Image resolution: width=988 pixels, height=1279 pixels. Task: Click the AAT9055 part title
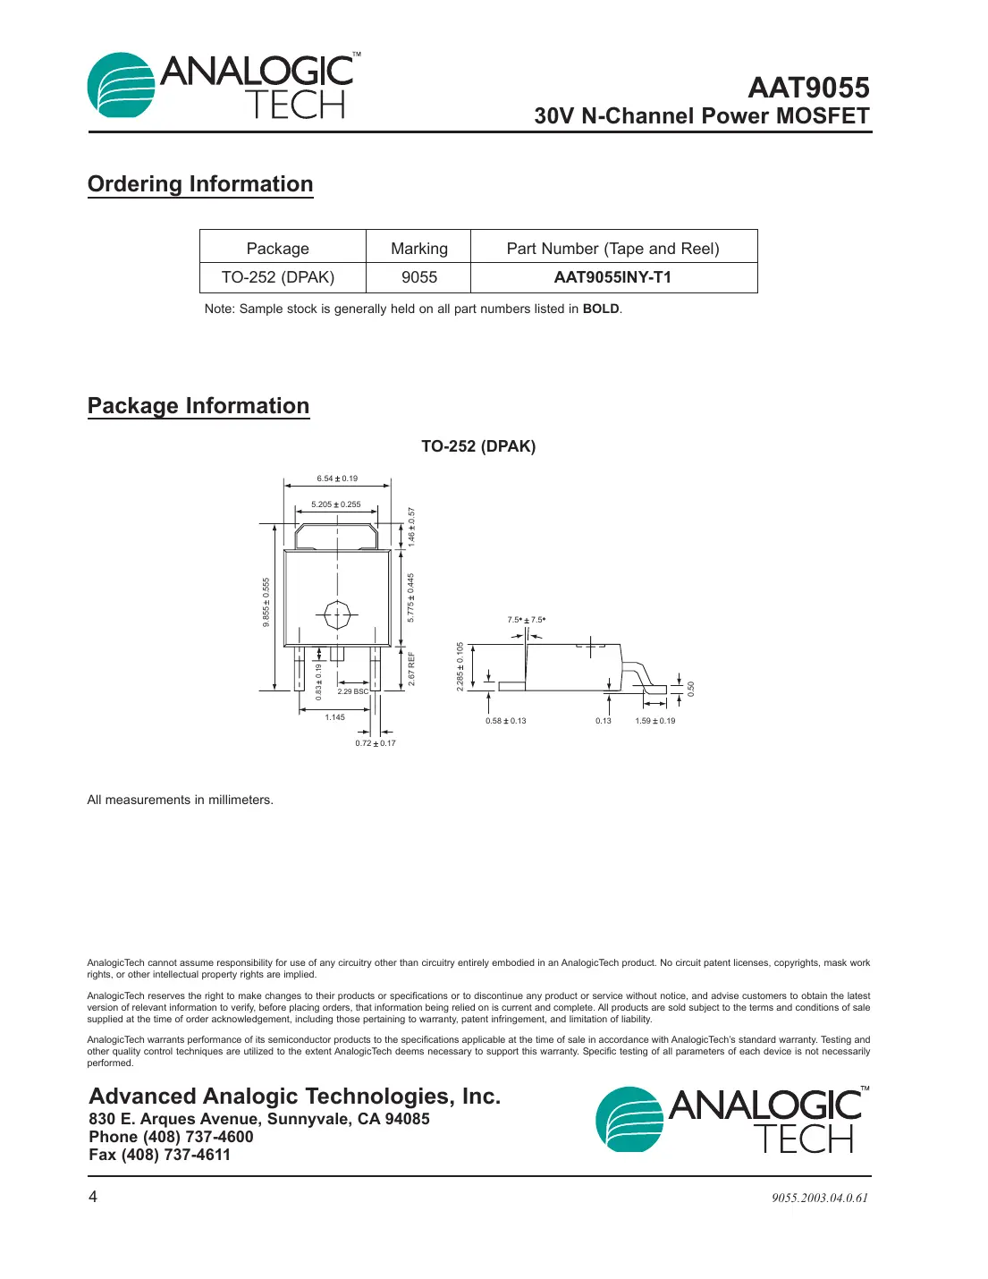pos(808,88)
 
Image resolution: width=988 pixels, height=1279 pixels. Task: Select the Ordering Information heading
pos(200,184)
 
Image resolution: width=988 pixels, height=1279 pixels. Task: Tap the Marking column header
pos(418,249)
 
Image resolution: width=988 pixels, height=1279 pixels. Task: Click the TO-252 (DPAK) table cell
pos(278,277)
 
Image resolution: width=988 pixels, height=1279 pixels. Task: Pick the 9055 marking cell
pos(418,277)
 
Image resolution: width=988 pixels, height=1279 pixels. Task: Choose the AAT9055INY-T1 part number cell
pos(612,277)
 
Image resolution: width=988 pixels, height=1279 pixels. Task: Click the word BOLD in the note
pos(601,309)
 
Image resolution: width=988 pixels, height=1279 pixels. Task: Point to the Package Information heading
pos(198,406)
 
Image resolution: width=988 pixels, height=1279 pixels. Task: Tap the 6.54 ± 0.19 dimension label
pos(337,479)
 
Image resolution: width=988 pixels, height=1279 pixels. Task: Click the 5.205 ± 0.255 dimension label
pos(336,504)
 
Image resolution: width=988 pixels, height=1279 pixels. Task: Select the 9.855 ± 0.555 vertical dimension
pos(266,602)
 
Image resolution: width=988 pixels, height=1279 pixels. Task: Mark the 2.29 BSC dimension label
pos(352,691)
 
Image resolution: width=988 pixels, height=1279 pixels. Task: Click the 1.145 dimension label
pos(334,717)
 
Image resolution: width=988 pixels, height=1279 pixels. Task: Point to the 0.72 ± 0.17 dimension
pos(376,743)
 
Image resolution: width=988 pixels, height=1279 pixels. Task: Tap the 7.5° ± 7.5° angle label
pos(526,620)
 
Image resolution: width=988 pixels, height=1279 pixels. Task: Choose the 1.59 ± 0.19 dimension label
pos(655,721)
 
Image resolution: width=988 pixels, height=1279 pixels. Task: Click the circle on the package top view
pos(337,615)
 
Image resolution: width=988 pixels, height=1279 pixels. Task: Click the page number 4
pos(93,1197)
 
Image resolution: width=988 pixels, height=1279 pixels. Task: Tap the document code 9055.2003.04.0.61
pos(820,1199)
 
